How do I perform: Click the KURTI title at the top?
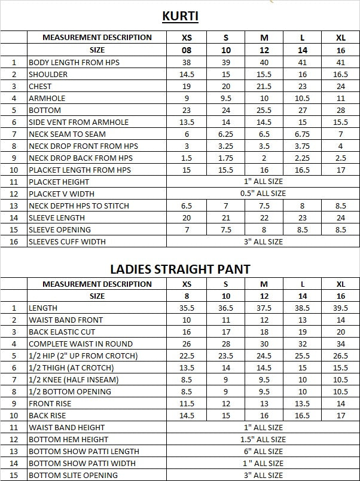tap(180, 16)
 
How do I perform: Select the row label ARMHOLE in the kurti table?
tap(47, 98)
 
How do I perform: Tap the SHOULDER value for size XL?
tap(340, 74)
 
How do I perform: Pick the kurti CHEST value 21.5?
tap(264, 86)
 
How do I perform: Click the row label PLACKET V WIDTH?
tap(62, 194)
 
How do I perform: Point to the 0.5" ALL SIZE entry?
tap(263, 194)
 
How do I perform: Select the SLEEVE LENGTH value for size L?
tap(303, 217)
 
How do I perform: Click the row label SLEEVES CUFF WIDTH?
tap(67, 241)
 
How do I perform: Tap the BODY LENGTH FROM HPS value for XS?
tap(187, 62)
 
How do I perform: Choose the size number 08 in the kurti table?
tap(187, 50)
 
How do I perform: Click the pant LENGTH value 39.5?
tap(340, 308)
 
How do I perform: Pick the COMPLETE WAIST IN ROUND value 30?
tap(264, 344)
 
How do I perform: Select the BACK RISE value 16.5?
tap(303, 415)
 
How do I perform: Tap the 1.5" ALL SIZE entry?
tap(263, 439)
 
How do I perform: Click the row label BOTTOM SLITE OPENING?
tap(73, 475)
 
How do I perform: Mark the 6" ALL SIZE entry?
tap(263, 451)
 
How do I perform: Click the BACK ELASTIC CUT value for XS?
tap(187, 332)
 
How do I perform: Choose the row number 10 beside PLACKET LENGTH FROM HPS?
tap(14, 170)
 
